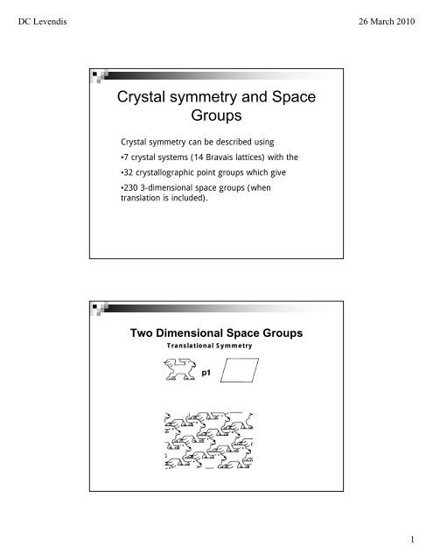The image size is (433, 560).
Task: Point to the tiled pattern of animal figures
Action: (209, 442)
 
